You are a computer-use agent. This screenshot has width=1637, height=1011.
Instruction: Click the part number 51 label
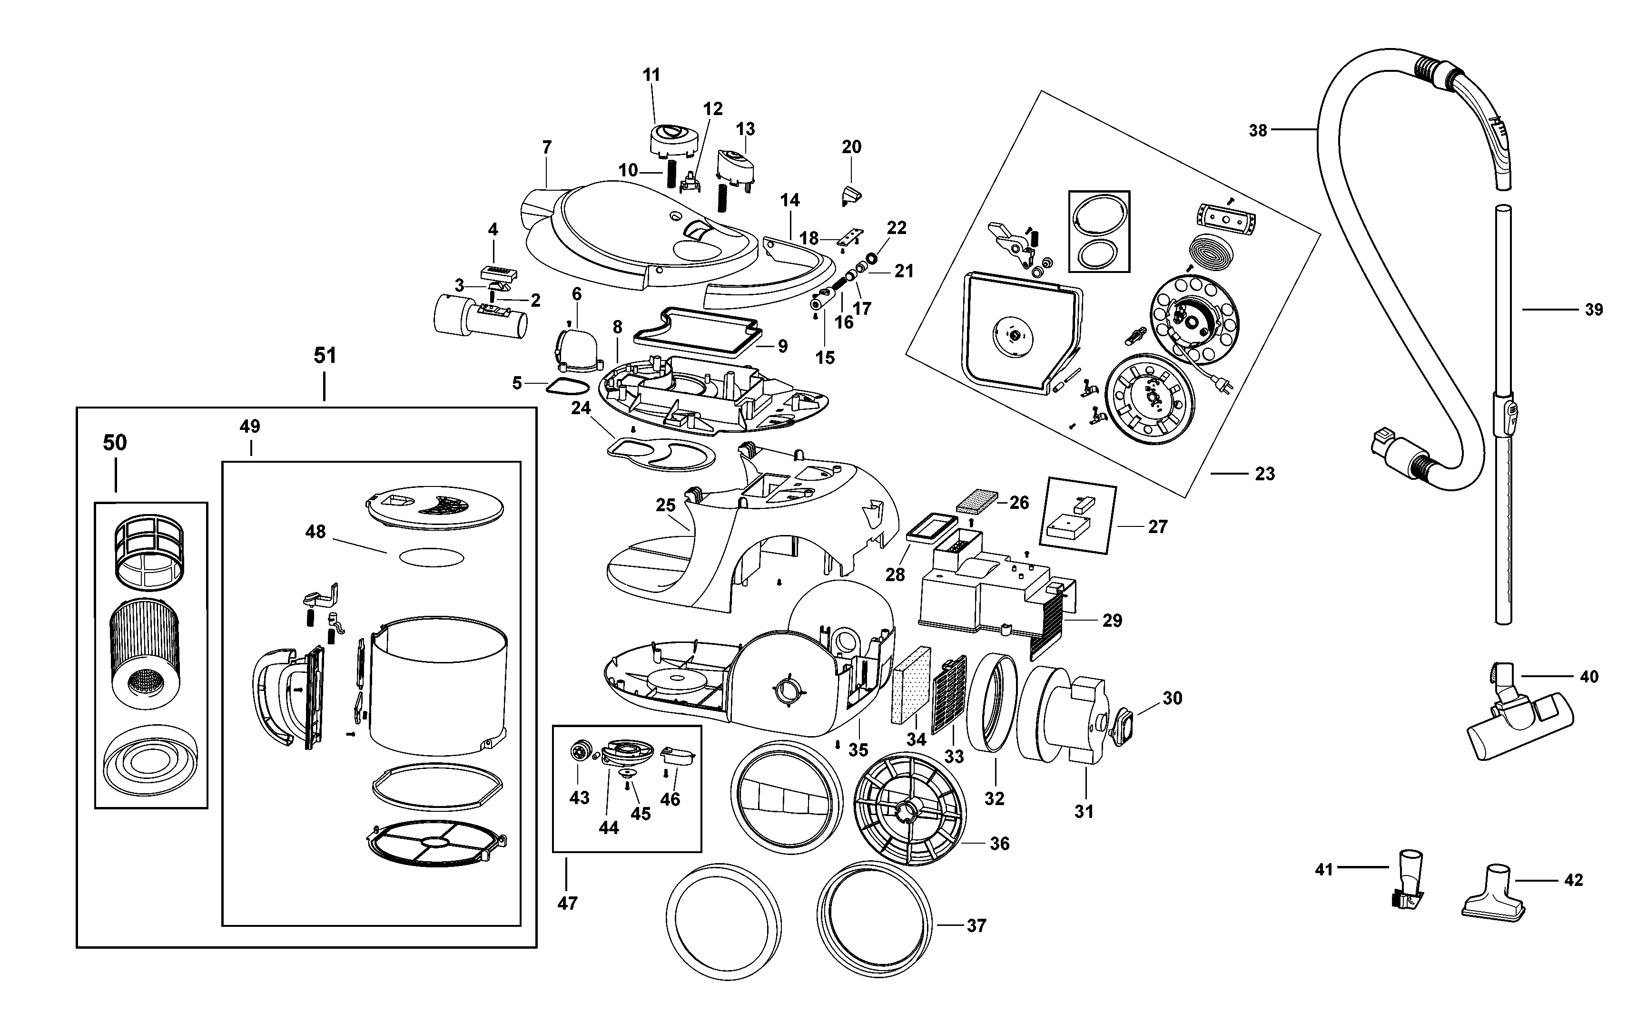tap(325, 356)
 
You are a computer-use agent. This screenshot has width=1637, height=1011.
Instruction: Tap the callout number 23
tap(1264, 474)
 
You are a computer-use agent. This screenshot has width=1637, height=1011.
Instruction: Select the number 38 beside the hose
tap(1258, 130)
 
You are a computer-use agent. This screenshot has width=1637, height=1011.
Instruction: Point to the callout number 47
tap(567, 904)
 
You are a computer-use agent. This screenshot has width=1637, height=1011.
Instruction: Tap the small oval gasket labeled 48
tap(432, 557)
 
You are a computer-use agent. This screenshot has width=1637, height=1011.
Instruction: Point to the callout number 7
tap(547, 148)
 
